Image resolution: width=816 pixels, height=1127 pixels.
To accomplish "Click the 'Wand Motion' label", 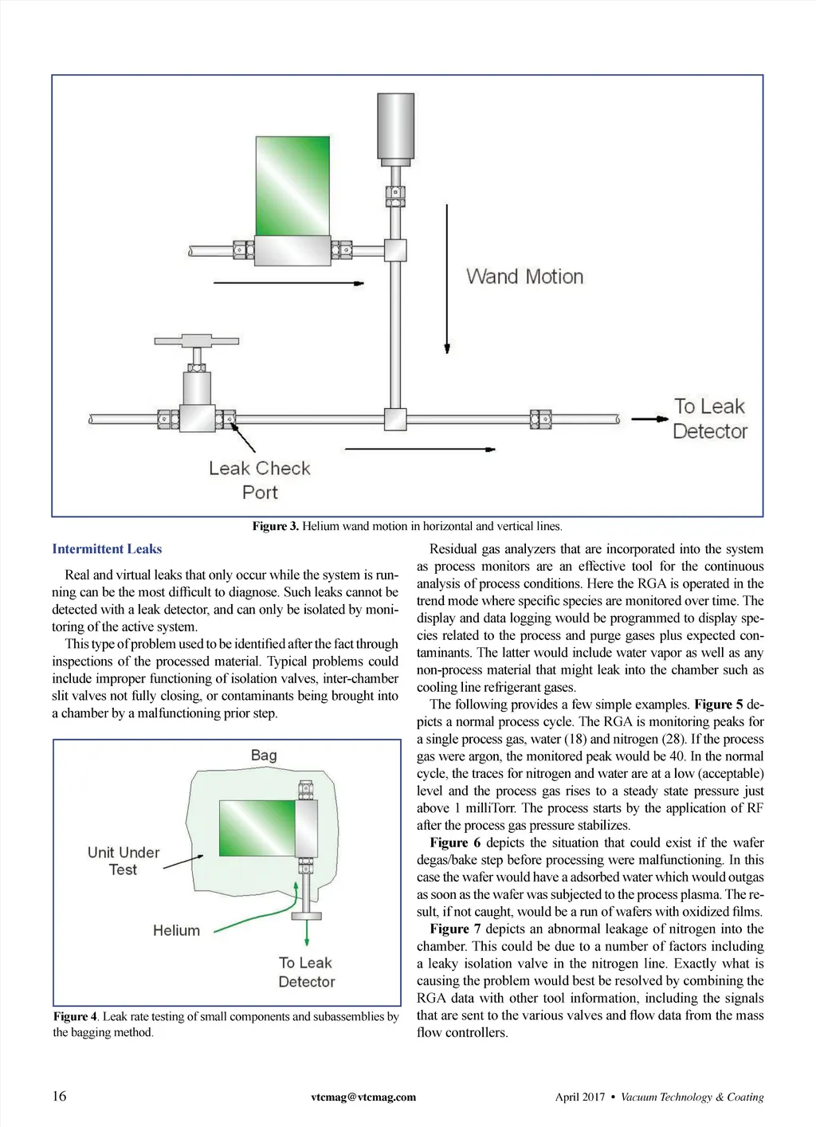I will coord(524,277).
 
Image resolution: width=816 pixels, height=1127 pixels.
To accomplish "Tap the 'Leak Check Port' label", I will coord(260,480).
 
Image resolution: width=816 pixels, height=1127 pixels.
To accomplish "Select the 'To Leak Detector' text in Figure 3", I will coord(709,418).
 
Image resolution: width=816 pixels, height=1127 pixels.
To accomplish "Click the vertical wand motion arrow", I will coord(447,278).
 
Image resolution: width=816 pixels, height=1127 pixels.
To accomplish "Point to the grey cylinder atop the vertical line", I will coord(395,126).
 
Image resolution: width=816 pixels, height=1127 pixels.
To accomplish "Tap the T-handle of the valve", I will coord(197,341).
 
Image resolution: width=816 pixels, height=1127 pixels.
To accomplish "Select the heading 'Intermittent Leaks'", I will coord(107,549).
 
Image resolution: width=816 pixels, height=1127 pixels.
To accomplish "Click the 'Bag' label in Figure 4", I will coord(264,755).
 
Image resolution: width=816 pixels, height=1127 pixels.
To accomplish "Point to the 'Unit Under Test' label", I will coord(124,861).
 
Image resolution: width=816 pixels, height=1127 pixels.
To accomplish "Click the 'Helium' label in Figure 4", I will coord(176,930).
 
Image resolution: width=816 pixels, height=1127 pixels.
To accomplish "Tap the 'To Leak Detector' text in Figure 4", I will coord(307,972).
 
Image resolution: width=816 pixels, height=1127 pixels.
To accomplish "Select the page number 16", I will coord(60,1096).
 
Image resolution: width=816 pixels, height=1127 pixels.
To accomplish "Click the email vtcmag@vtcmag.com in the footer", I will coord(363,1097).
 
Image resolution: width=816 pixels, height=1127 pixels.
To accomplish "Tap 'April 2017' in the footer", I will coord(580,1097).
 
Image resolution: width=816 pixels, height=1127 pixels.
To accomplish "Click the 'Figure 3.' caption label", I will coord(275,526).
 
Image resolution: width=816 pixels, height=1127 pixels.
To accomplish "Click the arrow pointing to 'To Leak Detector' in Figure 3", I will coord(649,418).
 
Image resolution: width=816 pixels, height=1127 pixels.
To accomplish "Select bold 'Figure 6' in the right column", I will coord(455,842).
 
